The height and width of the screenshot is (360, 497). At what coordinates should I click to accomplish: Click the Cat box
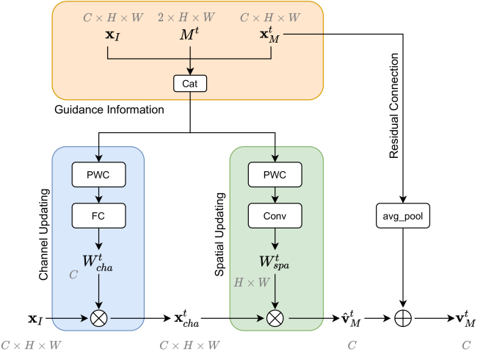tap(190, 84)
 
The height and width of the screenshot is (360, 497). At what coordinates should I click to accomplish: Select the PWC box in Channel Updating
tap(98, 174)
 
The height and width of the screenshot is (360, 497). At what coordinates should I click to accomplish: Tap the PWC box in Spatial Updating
tap(275, 174)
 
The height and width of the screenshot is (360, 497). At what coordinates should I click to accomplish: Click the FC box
tap(98, 216)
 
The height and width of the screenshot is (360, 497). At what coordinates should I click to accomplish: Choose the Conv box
tap(275, 216)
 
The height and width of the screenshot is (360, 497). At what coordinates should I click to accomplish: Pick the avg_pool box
tap(403, 216)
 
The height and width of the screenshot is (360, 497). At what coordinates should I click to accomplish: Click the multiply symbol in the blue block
tap(98, 318)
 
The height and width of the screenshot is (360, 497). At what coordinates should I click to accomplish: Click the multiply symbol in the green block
tap(275, 318)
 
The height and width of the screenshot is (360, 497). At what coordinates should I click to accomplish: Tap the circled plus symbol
tap(403, 318)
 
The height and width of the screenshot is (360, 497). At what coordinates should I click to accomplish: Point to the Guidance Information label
tap(109, 109)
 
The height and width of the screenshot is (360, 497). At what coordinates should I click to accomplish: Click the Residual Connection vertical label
tap(393, 106)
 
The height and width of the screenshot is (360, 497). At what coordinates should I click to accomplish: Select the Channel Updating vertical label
tap(44, 234)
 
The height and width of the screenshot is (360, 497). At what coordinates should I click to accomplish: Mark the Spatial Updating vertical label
tap(220, 234)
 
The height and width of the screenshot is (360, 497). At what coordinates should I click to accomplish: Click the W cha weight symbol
tap(98, 263)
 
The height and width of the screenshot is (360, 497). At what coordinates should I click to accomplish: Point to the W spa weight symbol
tap(274, 262)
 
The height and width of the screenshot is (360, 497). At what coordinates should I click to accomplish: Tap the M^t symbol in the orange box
tap(189, 34)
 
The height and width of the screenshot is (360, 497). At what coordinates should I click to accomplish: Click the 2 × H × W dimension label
tap(186, 17)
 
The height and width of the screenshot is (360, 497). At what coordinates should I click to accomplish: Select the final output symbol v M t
tap(465, 319)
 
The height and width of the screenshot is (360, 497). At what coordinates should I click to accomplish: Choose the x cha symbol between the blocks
tap(186, 319)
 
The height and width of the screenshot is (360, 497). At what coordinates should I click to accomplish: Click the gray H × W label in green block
tap(252, 282)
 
